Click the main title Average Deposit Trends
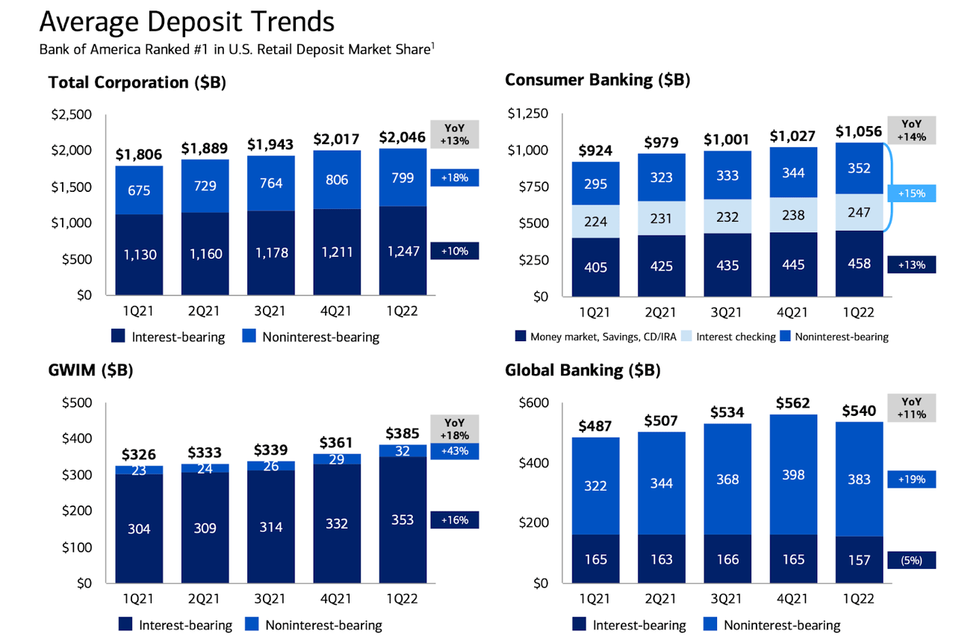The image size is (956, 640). click(187, 22)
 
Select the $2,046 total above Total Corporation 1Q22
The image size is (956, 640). click(403, 138)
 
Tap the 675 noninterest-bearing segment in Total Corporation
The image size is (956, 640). click(140, 190)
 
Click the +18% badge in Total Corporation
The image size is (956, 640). click(455, 178)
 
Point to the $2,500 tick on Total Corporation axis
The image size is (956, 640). click(70, 115)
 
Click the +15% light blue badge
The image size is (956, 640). click(911, 193)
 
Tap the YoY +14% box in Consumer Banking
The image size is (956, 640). click(911, 130)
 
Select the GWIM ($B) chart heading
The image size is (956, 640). click(90, 370)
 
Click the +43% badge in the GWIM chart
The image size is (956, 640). click(455, 451)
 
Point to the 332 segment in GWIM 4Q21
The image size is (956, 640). click(337, 524)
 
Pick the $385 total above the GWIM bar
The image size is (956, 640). click(403, 432)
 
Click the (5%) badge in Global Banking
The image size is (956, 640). click(911, 559)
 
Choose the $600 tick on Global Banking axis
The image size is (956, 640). click(535, 403)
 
